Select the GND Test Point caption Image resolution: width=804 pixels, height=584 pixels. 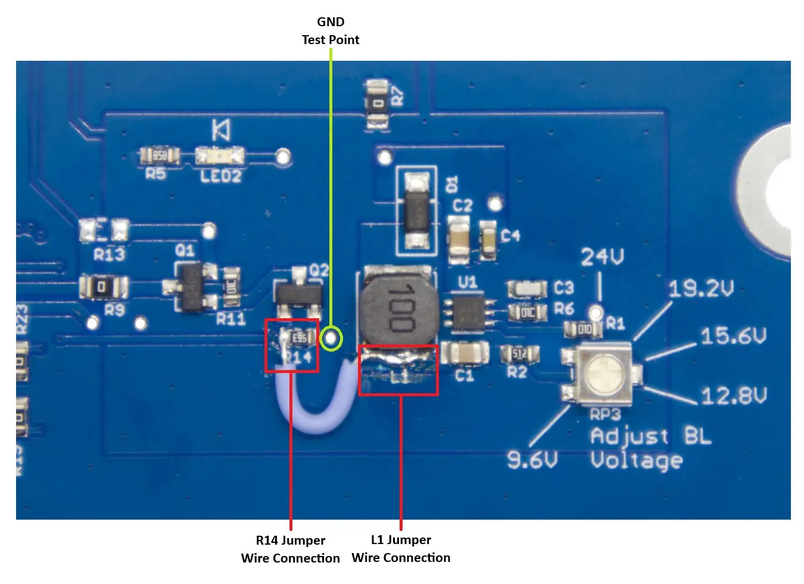[x=331, y=31]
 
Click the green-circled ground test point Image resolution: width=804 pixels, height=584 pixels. [x=331, y=338]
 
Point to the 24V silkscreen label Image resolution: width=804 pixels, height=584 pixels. [x=602, y=257]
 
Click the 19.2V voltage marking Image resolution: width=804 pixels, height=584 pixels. [x=700, y=290]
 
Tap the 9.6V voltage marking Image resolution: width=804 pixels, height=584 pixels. [x=532, y=459]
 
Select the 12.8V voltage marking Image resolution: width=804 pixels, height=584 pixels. [x=733, y=396]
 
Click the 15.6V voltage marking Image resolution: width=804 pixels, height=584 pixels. [x=733, y=336]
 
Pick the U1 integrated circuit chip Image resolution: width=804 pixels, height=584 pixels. [x=469, y=312]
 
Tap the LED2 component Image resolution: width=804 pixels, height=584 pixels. [x=220, y=156]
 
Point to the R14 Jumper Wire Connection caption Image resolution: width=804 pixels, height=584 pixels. [x=291, y=549]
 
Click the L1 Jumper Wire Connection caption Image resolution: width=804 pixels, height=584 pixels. [x=401, y=548]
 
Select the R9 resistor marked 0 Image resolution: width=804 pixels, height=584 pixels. [x=102, y=287]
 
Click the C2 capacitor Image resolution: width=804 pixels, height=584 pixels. [x=459, y=240]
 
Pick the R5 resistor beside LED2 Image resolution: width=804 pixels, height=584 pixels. [x=160, y=156]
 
